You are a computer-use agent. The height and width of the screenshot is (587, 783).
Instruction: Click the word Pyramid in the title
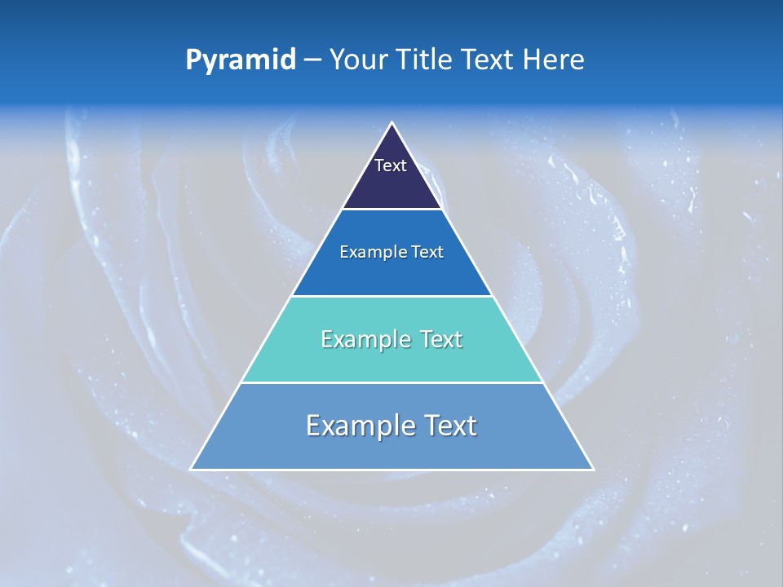(241, 60)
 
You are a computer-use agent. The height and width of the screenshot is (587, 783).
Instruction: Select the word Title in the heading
(429, 60)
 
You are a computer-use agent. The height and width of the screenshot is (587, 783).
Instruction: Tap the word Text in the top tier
(391, 166)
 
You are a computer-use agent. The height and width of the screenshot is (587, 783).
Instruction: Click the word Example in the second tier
(370, 252)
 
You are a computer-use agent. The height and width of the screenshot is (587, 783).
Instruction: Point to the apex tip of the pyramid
(392, 124)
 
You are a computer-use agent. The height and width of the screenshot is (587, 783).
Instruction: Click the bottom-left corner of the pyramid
(192, 469)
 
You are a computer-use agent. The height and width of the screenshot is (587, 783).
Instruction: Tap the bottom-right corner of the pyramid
(592, 469)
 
